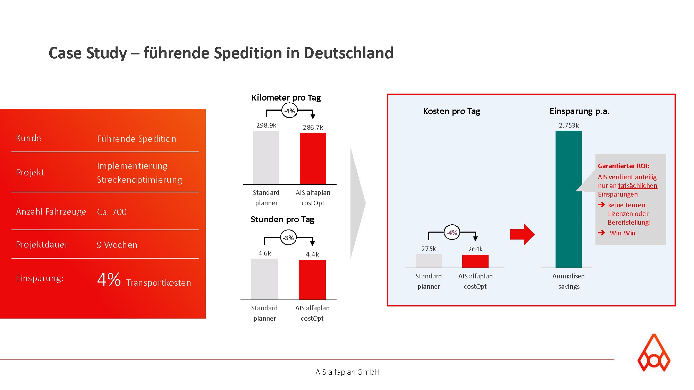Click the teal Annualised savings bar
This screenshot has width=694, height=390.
click(x=568, y=199)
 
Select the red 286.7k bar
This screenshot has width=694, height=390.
click(x=313, y=158)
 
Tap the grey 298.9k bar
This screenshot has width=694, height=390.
click(x=266, y=157)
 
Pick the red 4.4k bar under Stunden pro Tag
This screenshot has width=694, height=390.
click(x=312, y=280)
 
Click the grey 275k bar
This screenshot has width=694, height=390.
click(x=429, y=261)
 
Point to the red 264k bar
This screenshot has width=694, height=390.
click(x=475, y=261)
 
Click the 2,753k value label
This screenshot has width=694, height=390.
click(x=569, y=125)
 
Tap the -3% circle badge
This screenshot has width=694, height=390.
click(x=288, y=238)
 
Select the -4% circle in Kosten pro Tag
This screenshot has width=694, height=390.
click(x=452, y=233)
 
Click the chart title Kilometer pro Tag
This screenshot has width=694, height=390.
click(x=286, y=98)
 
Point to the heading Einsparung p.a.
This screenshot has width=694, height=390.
click(x=579, y=111)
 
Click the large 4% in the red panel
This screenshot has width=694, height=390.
click(x=109, y=279)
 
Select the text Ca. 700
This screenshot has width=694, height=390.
click(x=112, y=212)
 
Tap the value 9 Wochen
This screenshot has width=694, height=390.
click(x=117, y=245)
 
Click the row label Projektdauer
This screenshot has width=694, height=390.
click(x=42, y=245)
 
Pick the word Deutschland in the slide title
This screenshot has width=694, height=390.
click(x=348, y=53)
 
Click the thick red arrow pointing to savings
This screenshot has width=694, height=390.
click(x=522, y=234)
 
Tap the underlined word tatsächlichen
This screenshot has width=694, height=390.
click(x=638, y=186)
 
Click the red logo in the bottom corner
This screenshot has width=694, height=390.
click(x=654, y=353)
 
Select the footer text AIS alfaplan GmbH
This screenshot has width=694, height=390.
click(x=347, y=372)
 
